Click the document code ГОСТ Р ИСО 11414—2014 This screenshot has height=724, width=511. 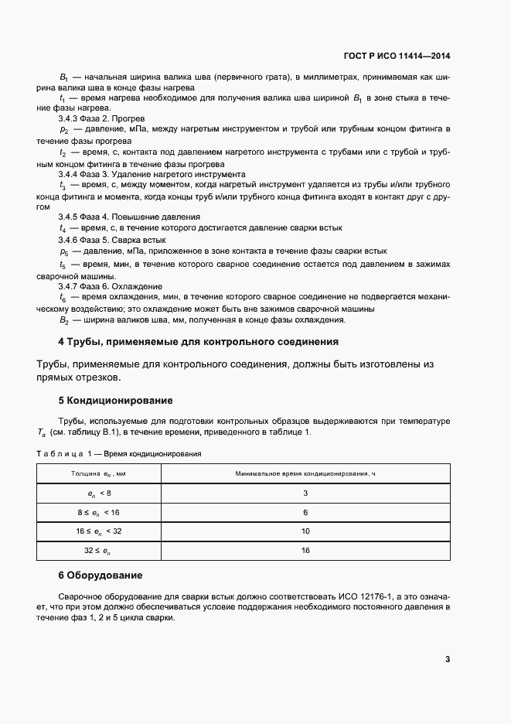point(397,56)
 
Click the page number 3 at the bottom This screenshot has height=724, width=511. point(448,659)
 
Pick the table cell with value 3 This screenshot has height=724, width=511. point(305,493)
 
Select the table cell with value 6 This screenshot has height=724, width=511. point(305,512)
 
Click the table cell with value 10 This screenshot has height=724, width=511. point(305,531)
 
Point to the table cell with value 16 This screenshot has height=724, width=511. point(305,550)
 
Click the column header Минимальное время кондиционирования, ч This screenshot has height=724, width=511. point(305,473)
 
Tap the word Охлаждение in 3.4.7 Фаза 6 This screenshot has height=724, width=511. point(138,286)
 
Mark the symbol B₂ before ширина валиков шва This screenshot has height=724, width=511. point(65,319)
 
